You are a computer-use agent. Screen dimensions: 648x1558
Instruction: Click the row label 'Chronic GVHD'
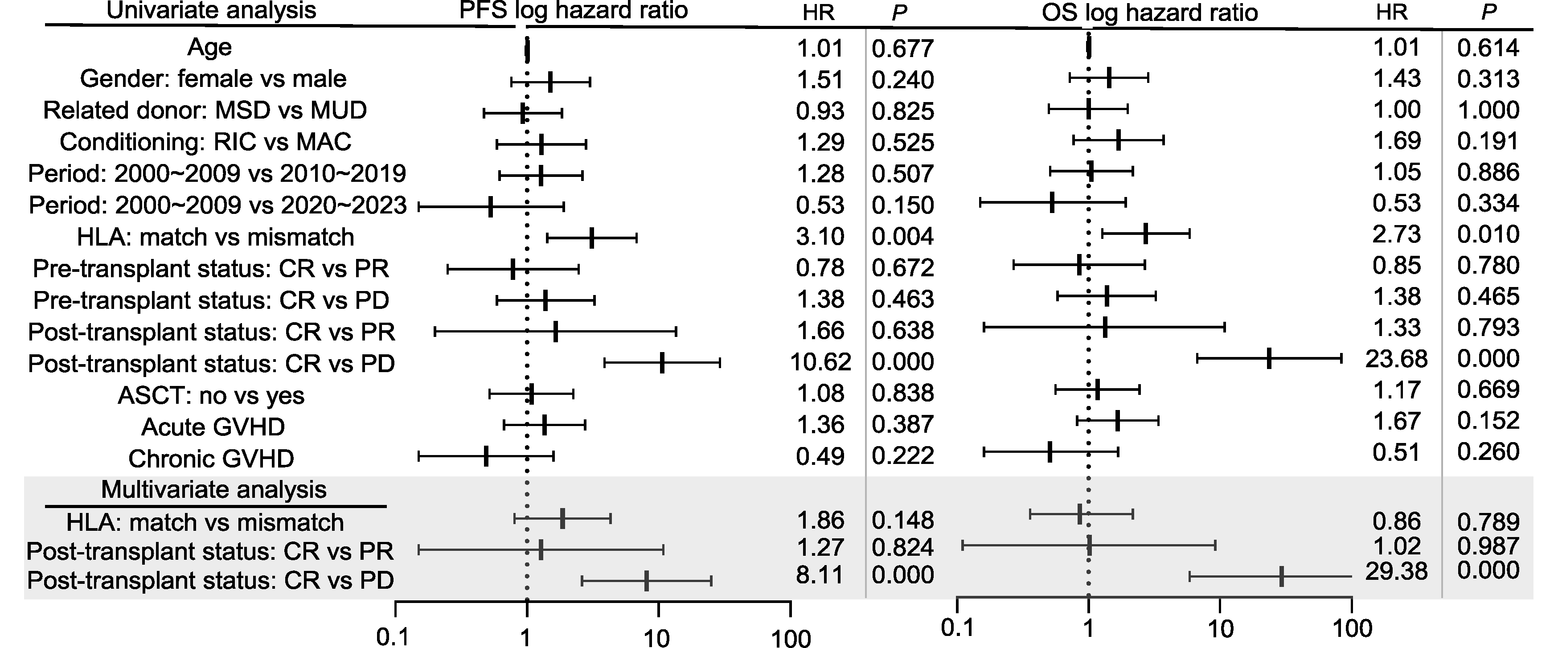211,459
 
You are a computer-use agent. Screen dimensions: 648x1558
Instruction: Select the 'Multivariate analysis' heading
213,489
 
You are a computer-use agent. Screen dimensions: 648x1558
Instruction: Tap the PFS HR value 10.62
820,362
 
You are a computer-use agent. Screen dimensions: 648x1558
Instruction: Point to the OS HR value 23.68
1396,359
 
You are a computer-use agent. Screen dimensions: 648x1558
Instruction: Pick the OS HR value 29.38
1396,571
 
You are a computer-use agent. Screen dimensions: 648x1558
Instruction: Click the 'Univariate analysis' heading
211,10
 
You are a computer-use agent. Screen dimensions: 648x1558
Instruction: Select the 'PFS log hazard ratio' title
574,10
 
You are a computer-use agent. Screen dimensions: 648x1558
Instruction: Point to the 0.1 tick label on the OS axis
957,628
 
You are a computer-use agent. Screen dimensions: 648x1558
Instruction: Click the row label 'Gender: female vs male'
213,78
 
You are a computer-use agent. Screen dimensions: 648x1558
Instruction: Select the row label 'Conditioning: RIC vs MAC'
205,142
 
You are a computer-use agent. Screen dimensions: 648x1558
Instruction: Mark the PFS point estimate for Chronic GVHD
486,457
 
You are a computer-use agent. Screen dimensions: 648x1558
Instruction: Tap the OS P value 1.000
1488,110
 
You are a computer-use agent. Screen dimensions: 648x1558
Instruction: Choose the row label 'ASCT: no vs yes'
211,396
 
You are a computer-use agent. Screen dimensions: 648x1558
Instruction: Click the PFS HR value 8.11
820,575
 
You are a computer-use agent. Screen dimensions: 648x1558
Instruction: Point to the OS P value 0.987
1488,547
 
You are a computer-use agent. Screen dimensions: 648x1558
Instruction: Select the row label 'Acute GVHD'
213,427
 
